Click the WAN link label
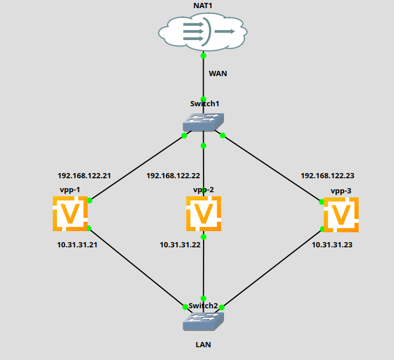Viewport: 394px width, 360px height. click(218, 74)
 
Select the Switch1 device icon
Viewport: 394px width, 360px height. click(203, 120)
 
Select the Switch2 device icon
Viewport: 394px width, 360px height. click(203, 321)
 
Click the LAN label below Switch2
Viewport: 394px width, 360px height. click(203, 344)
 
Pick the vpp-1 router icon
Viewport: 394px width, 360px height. click(70, 214)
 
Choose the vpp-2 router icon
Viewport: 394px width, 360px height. click(204, 214)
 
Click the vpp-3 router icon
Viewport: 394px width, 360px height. click(341, 215)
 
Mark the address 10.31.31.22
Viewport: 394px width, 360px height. click(180, 245)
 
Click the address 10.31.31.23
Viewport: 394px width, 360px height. click(332, 245)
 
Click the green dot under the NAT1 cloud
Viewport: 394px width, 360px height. click(204, 56)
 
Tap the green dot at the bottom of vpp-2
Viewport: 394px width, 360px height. click(204, 237)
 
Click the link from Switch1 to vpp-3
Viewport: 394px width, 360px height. click(272, 168)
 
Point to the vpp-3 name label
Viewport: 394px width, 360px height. click(341, 191)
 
